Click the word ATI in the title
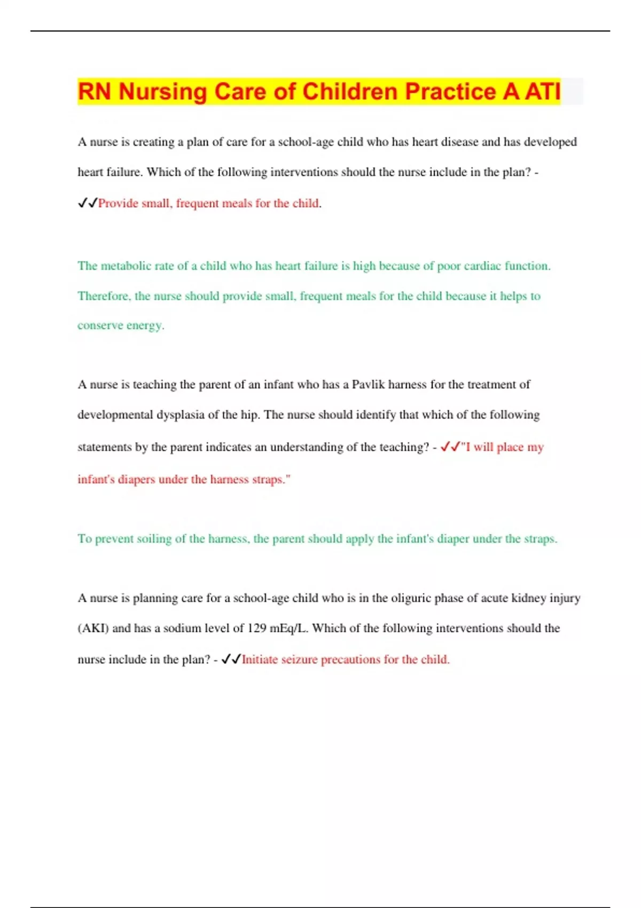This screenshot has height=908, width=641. coord(543,91)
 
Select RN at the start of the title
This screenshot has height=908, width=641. coord(94,91)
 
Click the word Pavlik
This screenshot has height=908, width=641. coord(368,385)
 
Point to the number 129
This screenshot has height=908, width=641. coord(256,628)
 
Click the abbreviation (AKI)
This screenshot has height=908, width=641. coord(93,628)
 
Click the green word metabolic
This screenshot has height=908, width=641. coord(126,266)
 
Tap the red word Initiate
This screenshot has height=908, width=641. coord(260,660)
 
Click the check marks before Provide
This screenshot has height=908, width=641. coord(87,203)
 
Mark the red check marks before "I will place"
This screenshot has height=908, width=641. coord(450,447)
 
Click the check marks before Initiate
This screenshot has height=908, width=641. coord(231,660)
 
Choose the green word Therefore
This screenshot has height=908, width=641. coord(104,296)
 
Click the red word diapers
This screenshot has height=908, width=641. coord(136,480)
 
